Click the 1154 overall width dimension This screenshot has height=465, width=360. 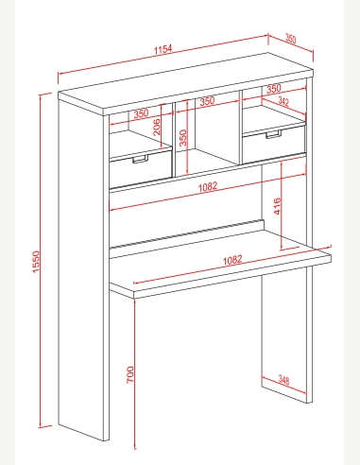pos(163,49)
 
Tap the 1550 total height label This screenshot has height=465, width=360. pos(36,262)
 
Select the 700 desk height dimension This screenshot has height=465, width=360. pos(130,374)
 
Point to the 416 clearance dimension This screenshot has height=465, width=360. pos(277,206)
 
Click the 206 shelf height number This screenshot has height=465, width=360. pos(156,127)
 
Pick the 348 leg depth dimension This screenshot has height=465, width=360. pos(283,380)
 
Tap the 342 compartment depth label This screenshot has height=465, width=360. pos(283,101)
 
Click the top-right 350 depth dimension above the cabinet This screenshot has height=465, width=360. pos(290,39)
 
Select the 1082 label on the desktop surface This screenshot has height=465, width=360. pos(232,260)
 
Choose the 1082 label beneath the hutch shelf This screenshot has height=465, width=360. pos(208,186)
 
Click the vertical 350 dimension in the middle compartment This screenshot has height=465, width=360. pos(183,138)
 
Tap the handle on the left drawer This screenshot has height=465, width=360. pos(140,159)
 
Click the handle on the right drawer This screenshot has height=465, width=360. pos(273,134)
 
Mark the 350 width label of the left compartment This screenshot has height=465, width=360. pos(141,113)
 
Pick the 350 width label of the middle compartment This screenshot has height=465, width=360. pos(207,101)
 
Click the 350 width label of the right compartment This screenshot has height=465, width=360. pos(273,89)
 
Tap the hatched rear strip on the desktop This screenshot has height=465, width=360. pos(186,233)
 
